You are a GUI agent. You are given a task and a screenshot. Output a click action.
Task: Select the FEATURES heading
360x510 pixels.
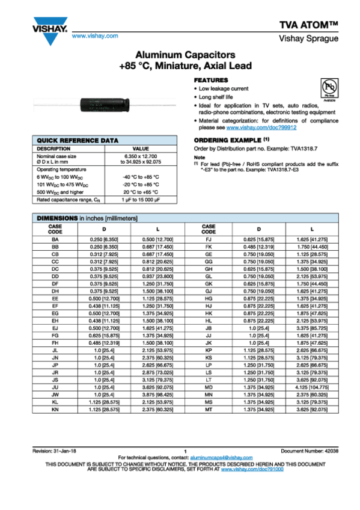pos(210,80)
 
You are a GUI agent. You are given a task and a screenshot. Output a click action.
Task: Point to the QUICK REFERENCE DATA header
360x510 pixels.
pos(70,140)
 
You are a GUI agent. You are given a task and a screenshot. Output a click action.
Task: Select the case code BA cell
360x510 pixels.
pos(55,239)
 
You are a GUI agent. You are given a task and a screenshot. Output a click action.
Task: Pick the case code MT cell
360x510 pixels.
pos(209,408)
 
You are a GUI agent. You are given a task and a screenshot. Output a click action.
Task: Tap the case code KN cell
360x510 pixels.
pos(55,408)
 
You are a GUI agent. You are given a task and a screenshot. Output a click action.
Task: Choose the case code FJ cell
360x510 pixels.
pos(209,239)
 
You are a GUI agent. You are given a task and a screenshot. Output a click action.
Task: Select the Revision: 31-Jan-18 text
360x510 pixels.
pos(56,451)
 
